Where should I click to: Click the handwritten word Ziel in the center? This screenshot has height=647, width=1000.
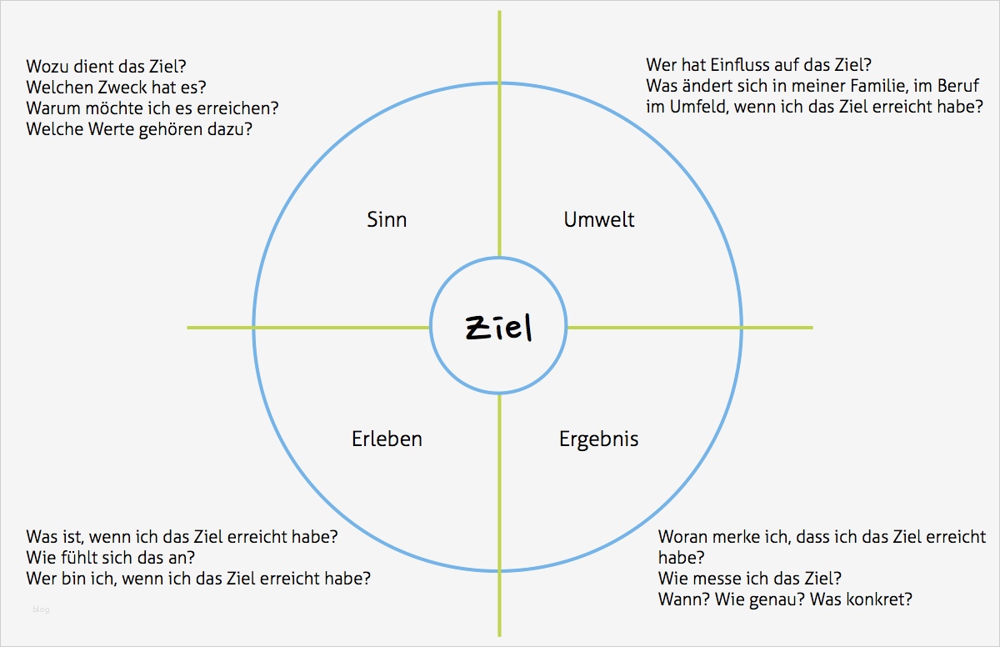498,328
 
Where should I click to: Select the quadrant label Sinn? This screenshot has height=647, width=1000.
387,219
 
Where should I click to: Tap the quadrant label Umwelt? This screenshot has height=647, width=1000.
598,219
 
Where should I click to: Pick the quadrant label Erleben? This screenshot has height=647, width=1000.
387,439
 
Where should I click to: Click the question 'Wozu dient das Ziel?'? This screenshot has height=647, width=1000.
107,67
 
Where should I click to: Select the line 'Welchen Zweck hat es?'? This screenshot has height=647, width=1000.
116,88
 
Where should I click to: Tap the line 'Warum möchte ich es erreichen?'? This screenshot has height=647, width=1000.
152,108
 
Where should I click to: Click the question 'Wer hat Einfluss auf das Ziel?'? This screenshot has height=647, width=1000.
758,65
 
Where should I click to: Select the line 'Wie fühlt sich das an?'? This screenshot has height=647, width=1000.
111,558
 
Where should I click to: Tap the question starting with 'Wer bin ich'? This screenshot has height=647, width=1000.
198,579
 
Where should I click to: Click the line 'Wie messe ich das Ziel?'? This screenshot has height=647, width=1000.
749,579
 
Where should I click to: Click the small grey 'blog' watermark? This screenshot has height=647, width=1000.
41,609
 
